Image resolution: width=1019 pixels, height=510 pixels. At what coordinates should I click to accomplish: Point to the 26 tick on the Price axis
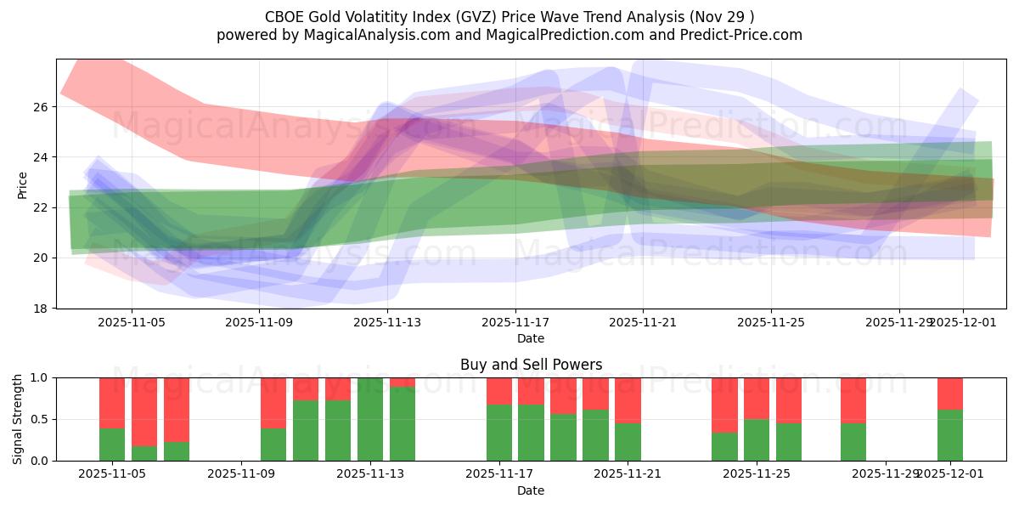41,107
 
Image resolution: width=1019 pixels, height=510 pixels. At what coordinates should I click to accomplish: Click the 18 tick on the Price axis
41,308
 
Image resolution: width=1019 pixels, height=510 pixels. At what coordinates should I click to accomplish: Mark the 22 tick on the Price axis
41,207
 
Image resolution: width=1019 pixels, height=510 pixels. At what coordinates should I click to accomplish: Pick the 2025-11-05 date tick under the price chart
131,322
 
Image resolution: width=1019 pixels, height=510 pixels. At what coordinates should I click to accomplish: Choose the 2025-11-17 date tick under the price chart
515,322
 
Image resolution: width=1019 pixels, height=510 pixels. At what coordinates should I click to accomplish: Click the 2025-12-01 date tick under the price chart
962,322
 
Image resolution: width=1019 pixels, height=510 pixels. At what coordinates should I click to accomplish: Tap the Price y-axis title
23,184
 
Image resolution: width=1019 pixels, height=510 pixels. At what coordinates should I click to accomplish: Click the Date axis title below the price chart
531,338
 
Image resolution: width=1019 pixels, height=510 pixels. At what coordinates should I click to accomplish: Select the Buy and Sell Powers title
531,365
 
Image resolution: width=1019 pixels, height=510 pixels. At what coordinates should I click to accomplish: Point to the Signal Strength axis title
18,419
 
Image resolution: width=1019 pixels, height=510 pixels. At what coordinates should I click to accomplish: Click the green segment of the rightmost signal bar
950,435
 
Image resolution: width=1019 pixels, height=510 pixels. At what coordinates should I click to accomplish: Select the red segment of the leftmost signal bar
112,402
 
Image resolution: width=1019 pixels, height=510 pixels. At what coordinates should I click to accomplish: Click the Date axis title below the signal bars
531,490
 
